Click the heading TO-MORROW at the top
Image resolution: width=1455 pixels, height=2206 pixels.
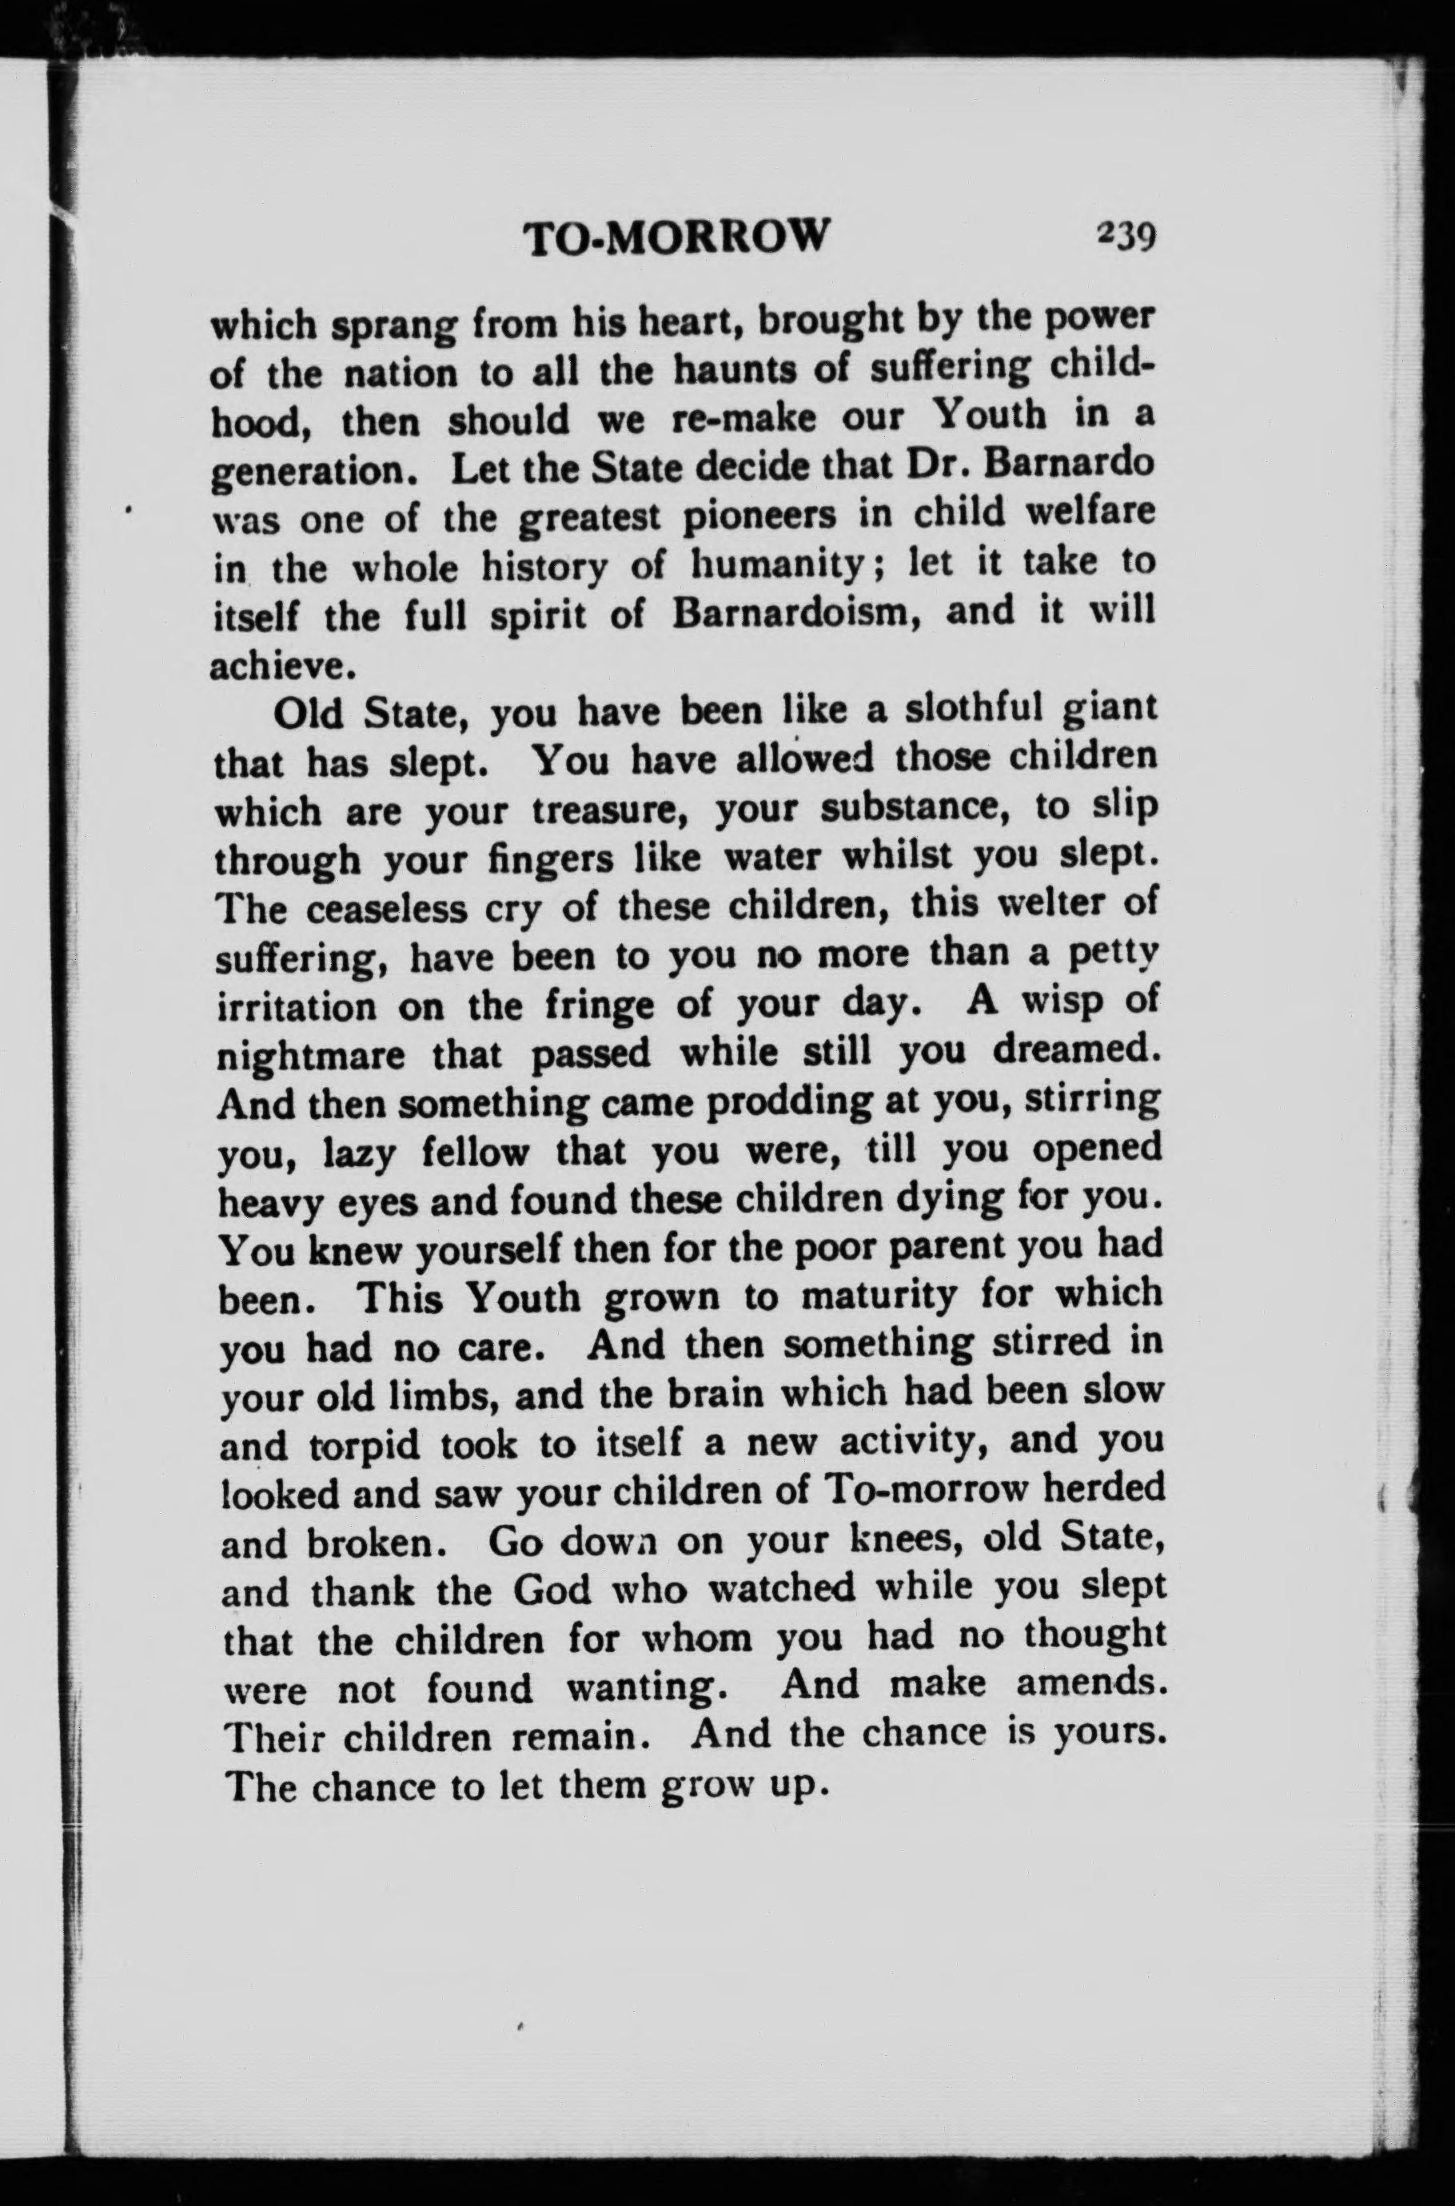tap(675, 239)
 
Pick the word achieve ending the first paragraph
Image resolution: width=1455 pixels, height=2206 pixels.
tap(269, 666)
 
